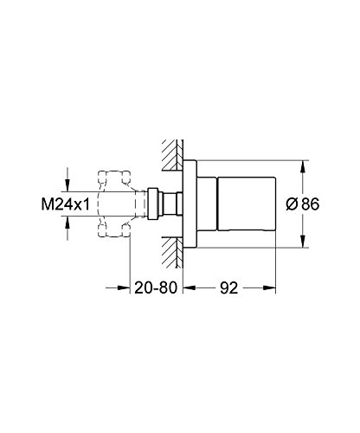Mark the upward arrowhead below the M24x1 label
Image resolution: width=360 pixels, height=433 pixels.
[67, 229]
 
